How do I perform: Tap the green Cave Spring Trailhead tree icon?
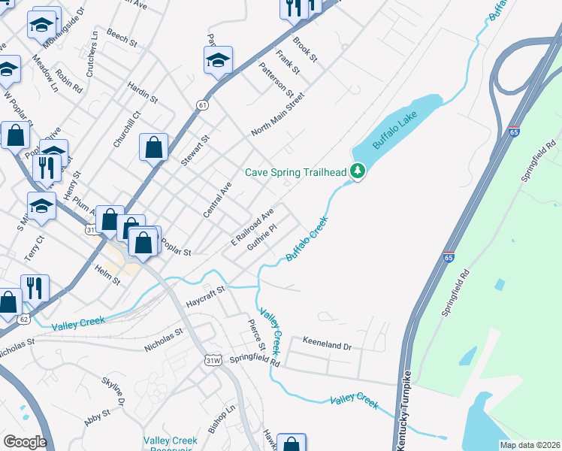coord(358,172)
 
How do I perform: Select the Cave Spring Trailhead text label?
coord(296,173)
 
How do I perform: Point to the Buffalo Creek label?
coord(307,240)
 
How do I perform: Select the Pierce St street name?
coord(257,335)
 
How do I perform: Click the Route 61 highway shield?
coord(202,105)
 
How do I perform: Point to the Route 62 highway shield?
coord(24,319)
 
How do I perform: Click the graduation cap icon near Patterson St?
coord(218,60)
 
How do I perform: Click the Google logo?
coord(25,442)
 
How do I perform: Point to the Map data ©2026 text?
coord(529,445)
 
